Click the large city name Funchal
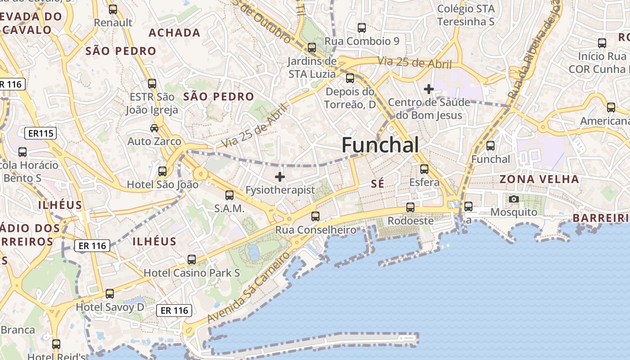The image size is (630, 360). [380, 145]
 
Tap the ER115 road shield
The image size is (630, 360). [40, 133]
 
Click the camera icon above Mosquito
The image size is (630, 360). [513, 199]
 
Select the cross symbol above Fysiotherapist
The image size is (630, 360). [280, 177]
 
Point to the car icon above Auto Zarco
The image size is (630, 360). [154, 128]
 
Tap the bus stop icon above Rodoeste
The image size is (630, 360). [410, 207]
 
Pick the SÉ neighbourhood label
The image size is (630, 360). [378, 183]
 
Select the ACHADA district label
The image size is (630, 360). [175, 32]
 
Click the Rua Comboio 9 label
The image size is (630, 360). [362, 41]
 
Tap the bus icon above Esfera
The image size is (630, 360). [424, 169]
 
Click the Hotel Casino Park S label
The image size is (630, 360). [192, 273]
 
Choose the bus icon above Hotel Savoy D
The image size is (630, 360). [110, 294]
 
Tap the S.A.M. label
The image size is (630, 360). [229, 208]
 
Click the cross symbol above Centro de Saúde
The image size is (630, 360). [429, 89]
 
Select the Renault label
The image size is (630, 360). [113, 22]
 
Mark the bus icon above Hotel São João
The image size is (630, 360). [162, 171]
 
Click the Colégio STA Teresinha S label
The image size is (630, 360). [466, 15]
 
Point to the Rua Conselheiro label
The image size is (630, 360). [315, 230]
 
